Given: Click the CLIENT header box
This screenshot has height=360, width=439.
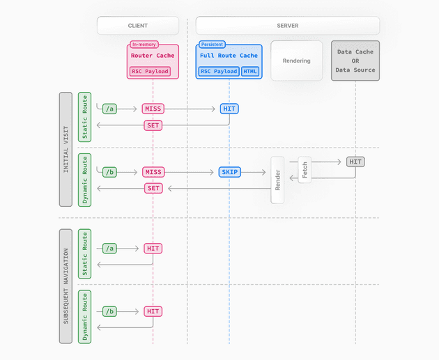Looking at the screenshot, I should point(138,26).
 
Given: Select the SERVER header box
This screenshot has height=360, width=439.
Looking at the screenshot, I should point(287,26).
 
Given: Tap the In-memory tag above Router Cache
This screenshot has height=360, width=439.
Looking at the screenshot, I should point(144,44).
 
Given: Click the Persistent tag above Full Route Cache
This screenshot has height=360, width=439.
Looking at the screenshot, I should point(212,44).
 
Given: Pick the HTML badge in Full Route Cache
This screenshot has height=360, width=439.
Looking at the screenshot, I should point(250,71).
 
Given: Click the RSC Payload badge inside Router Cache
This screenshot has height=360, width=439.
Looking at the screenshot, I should point(150,71).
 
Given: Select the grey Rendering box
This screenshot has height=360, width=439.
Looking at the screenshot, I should point(296,61).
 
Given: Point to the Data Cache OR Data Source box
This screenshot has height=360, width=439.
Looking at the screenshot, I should point(355,61).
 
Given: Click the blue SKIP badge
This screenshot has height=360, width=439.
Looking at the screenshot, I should point(229,172).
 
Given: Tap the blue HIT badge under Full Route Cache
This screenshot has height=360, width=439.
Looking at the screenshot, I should point(229,109).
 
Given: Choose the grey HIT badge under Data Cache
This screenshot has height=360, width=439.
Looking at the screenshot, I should point(355,162).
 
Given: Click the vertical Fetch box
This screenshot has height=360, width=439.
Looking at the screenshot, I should point(305,171).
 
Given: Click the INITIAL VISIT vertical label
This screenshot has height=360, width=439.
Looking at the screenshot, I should point(66,149).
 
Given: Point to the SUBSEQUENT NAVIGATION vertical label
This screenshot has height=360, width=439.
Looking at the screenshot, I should point(66,285).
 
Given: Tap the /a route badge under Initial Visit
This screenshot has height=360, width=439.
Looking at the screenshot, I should point(109,109).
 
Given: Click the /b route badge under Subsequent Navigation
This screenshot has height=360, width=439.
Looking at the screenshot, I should point(109,311).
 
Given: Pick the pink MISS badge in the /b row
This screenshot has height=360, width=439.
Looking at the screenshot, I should point(153,172).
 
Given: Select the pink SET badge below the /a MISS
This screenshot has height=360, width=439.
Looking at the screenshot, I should point(153,125).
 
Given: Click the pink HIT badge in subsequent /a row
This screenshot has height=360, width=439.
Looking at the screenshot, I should point(153,248).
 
